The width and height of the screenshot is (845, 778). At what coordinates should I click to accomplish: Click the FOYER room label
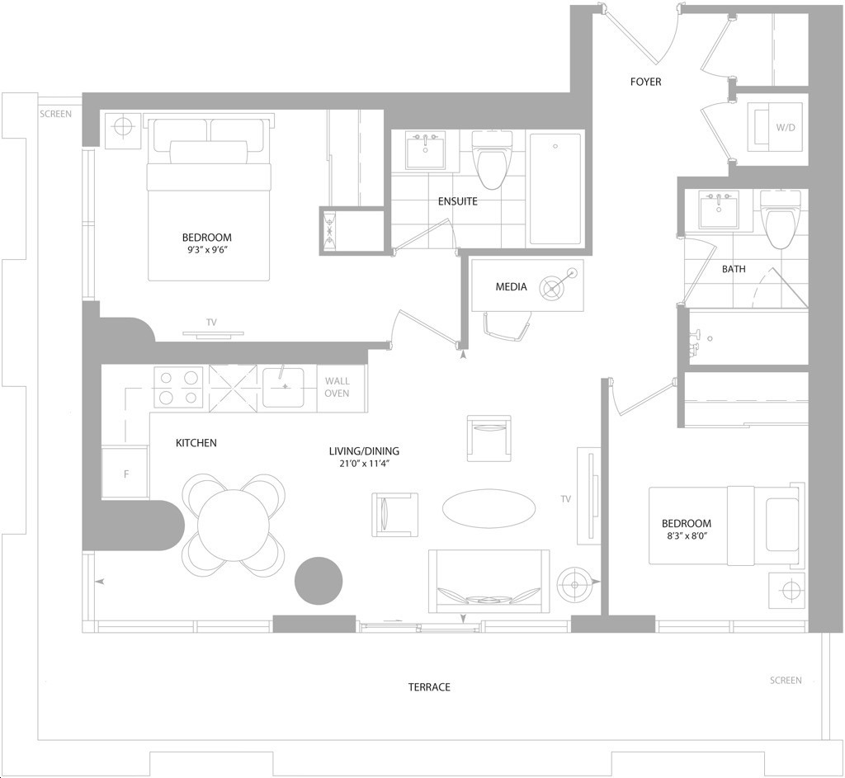(x=645, y=82)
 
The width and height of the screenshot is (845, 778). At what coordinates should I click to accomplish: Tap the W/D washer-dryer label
(x=786, y=128)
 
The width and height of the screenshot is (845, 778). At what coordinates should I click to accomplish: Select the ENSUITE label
(x=457, y=201)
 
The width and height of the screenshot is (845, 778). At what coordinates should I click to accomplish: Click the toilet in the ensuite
(x=492, y=160)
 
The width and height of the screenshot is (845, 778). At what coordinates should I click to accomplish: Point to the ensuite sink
(x=425, y=150)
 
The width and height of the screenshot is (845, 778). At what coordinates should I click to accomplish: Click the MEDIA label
(x=511, y=286)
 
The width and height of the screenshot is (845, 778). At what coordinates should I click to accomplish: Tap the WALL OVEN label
(x=337, y=388)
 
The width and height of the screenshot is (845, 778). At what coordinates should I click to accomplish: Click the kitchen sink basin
(x=283, y=388)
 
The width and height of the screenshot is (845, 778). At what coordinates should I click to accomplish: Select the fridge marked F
(x=125, y=473)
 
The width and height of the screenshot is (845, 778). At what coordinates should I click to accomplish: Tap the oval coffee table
(x=489, y=507)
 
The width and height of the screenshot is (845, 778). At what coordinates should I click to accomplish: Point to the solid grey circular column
(x=319, y=581)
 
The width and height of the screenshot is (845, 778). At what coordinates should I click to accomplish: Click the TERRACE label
(x=429, y=687)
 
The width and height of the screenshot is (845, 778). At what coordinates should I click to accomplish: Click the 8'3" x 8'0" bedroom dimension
(x=687, y=535)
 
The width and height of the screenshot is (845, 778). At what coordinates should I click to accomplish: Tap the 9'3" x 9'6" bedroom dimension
(x=207, y=249)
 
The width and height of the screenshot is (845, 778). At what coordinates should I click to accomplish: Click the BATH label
(x=734, y=269)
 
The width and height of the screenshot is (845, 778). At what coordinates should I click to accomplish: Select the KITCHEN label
(x=196, y=443)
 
